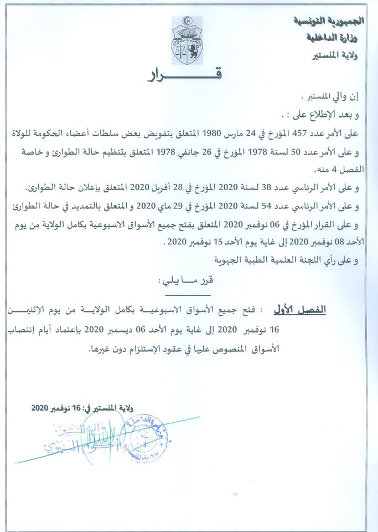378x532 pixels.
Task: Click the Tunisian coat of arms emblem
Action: tap(187, 40)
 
